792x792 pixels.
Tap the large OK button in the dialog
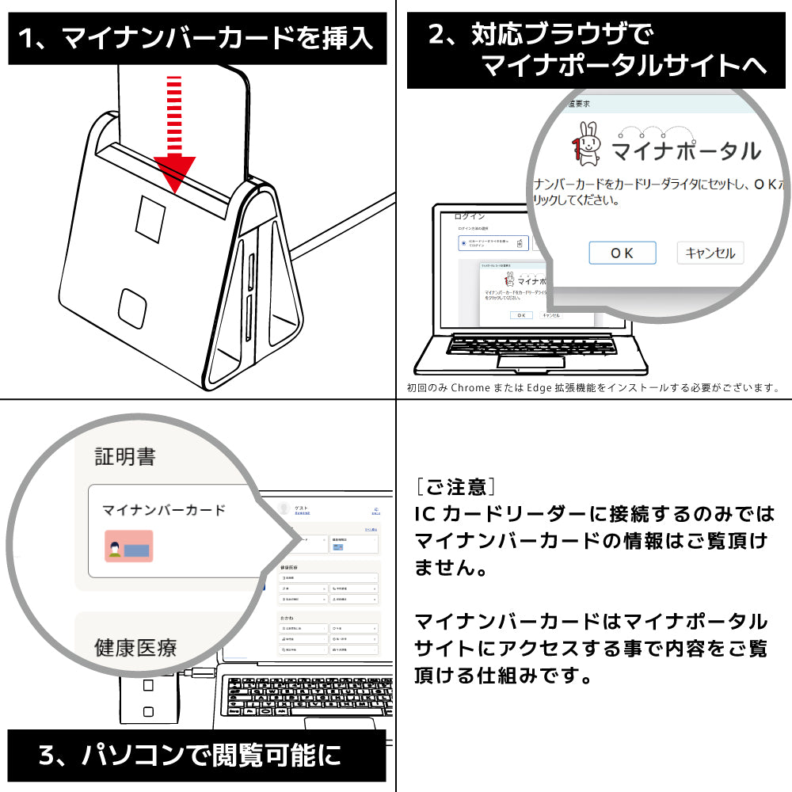click(x=622, y=253)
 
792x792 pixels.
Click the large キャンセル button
click(x=710, y=253)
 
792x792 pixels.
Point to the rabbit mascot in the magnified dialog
click(x=588, y=145)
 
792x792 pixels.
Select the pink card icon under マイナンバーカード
click(x=128, y=546)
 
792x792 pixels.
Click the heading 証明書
click(x=125, y=457)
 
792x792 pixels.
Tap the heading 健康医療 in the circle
click(x=135, y=648)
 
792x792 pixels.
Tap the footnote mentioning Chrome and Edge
click(x=592, y=388)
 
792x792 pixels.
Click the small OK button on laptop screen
click(x=520, y=314)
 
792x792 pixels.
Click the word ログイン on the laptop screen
click(x=469, y=216)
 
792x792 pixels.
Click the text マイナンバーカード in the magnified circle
click(x=164, y=510)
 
